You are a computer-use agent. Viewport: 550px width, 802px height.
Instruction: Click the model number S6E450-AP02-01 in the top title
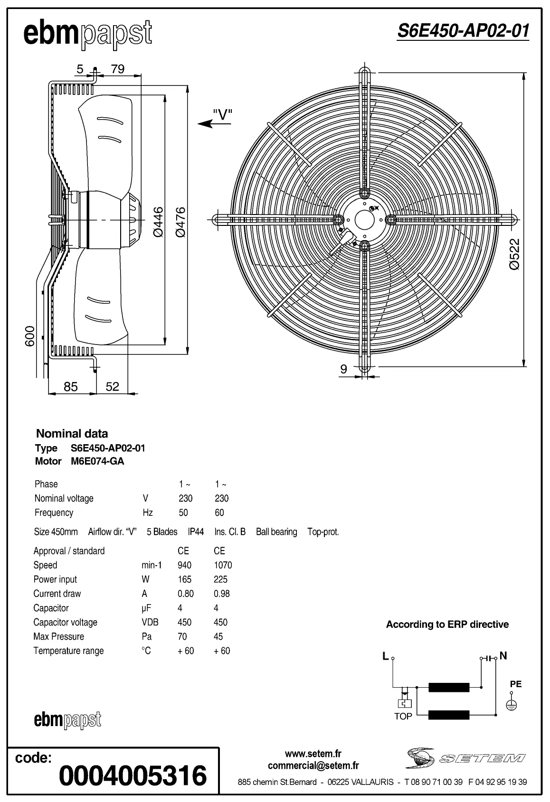point(463,31)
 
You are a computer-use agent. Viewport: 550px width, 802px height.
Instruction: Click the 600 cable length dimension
point(30,336)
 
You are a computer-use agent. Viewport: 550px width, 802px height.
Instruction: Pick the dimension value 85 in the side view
point(70,387)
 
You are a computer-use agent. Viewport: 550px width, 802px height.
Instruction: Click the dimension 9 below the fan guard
point(344,368)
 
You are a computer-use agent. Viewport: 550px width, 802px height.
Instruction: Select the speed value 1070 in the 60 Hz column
point(223,565)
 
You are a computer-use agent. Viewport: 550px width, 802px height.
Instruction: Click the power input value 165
point(184,579)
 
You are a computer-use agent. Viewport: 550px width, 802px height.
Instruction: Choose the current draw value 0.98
point(221,594)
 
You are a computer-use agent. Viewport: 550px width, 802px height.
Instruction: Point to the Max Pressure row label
point(58,636)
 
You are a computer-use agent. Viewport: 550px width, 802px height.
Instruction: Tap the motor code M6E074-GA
point(94,461)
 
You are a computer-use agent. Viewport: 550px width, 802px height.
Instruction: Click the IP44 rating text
point(196,532)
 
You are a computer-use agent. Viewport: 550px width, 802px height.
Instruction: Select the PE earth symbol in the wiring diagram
point(512,705)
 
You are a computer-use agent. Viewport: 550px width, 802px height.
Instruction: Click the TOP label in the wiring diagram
point(403,717)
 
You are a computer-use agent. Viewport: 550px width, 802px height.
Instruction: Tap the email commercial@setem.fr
point(313,765)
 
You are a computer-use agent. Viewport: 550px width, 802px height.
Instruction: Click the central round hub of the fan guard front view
point(364,219)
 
